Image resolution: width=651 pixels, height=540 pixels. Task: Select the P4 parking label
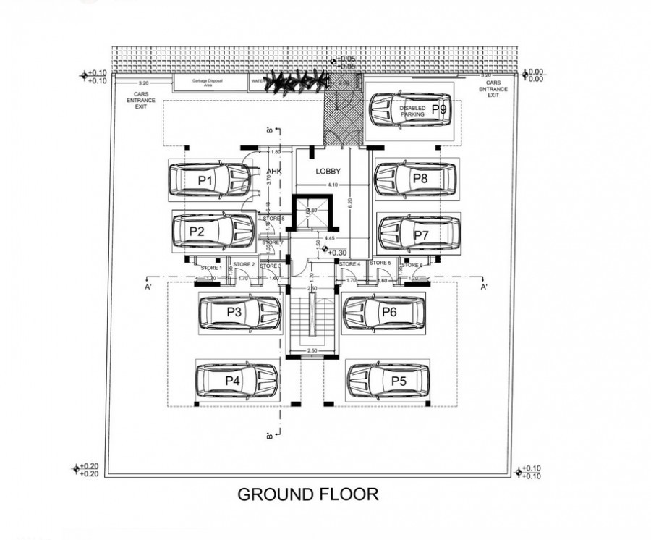232,381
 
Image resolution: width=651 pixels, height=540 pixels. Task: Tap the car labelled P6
383,312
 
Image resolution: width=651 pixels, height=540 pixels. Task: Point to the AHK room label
273,172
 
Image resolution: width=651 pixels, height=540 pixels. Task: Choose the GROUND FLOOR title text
308,494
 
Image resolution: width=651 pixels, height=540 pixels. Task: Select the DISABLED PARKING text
412,111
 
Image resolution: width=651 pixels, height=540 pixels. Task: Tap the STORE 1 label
211,269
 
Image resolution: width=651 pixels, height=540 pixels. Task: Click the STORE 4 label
349,264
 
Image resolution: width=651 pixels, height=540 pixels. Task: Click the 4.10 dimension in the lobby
333,185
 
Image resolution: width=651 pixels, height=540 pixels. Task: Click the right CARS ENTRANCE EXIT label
493,90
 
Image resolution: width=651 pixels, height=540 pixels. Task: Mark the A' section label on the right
483,287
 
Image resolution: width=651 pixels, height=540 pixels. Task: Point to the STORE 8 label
273,219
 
